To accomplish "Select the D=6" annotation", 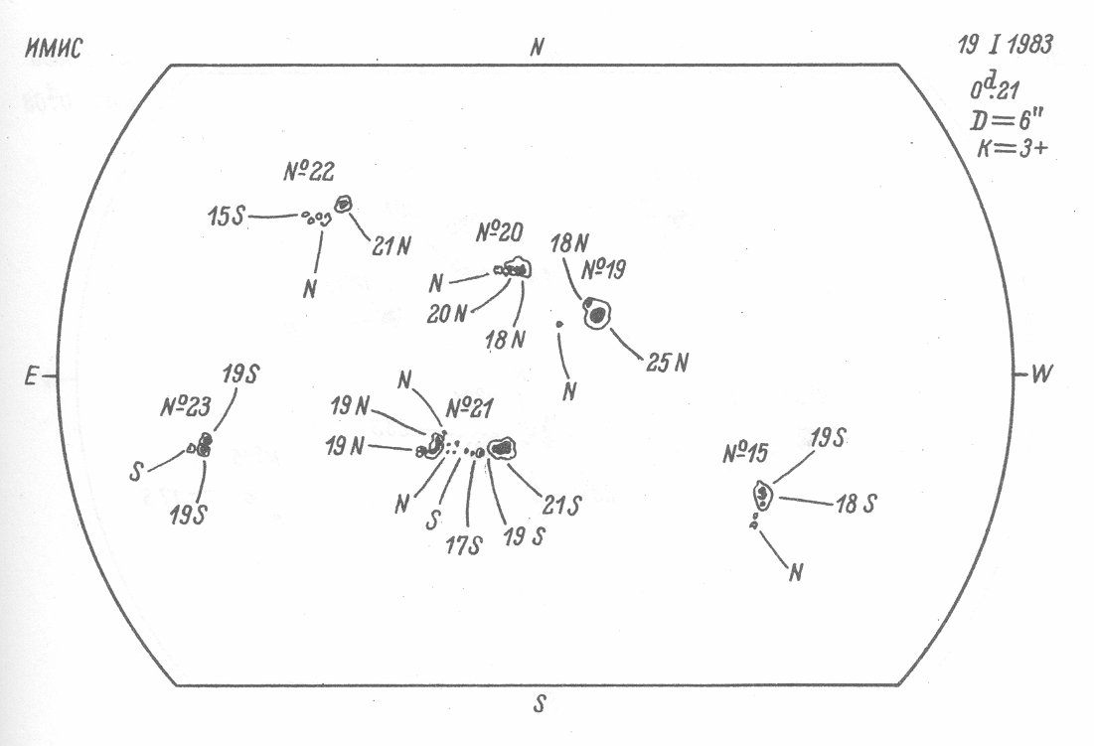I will pyautogui.click(x=1005, y=123).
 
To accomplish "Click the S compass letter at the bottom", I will pyautogui.click(x=540, y=704).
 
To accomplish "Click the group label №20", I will pyautogui.click(x=498, y=235).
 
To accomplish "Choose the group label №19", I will pyautogui.click(x=604, y=269).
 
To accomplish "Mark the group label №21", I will pyautogui.click(x=472, y=407).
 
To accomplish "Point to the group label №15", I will pyautogui.click(x=746, y=455).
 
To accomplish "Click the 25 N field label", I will pyautogui.click(x=667, y=363).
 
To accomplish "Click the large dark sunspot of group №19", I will pyautogui.click(x=597, y=315).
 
